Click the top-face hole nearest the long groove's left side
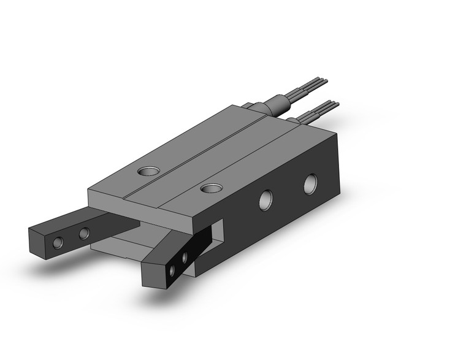[148, 171]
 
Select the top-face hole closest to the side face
[212, 188]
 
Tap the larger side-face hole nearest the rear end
[311, 183]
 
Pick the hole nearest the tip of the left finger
[58, 242]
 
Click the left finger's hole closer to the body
[84, 233]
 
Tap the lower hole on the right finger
[172, 269]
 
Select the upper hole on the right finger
[183, 255]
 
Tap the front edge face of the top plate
[141, 206]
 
